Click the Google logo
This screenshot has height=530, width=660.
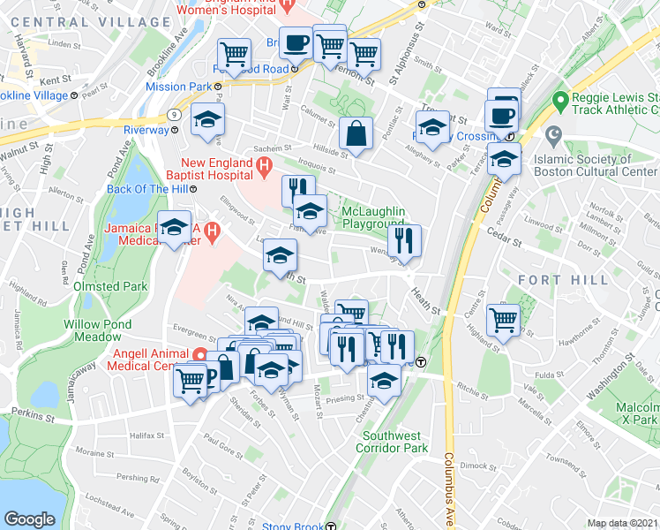(x=29, y=519)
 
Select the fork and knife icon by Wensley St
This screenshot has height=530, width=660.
(x=404, y=240)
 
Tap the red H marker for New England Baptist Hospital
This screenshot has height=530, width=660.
(x=262, y=164)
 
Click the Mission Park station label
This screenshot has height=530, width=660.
(x=177, y=87)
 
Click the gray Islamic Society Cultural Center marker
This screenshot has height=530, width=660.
(x=553, y=137)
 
